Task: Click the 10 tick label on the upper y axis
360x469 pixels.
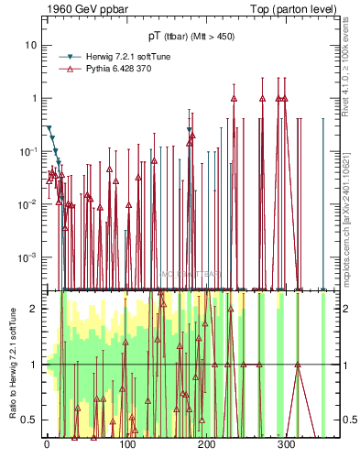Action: (32, 45)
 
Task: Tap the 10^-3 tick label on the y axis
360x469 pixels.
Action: (30, 257)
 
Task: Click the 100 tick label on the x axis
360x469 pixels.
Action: (126, 446)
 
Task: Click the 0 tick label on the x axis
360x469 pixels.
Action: (47, 446)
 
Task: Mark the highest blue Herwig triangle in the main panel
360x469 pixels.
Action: (49, 129)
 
